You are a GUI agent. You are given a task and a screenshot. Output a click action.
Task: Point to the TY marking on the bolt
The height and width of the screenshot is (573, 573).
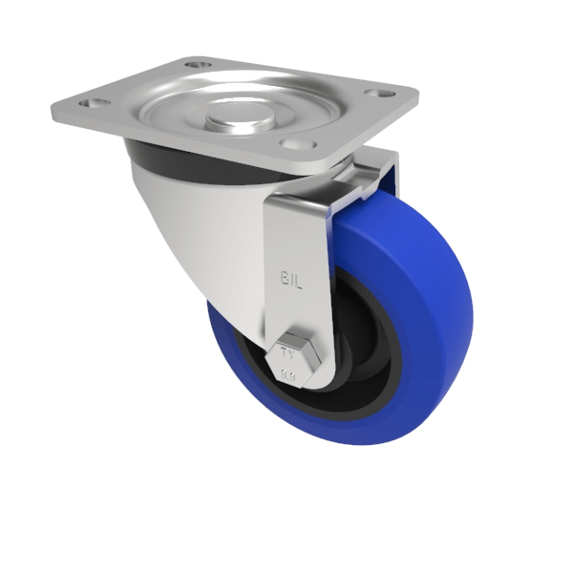287,350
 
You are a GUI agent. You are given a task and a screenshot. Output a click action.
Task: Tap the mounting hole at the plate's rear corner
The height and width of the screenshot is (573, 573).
196,65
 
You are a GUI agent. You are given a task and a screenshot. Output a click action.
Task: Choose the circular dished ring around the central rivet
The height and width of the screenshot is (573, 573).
277,110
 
